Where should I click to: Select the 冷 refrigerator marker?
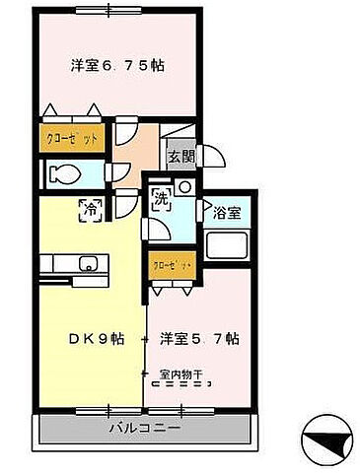click(x=90, y=209)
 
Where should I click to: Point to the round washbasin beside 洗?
click(x=182, y=187)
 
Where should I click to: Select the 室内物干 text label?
click(x=184, y=373)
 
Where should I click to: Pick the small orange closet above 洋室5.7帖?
click(x=170, y=265)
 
